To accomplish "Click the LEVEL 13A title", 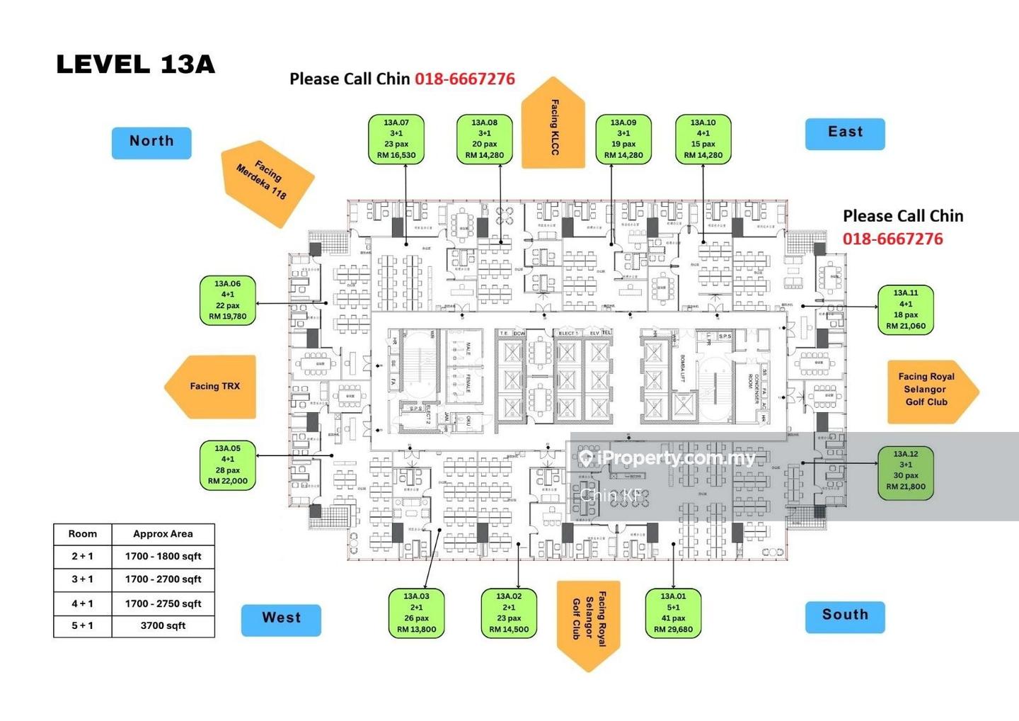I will (x=135, y=64).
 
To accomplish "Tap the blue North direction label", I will (x=151, y=142).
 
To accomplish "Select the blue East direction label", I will (x=845, y=133).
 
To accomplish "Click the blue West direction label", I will (x=281, y=619).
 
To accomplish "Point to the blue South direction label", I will (x=845, y=615).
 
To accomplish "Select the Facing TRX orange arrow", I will (x=212, y=387).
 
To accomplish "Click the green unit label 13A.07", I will (x=396, y=140).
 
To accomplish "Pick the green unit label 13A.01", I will (x=673, y=613).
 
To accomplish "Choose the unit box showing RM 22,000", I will (x=228, y=465).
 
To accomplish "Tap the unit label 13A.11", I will (x=905, y=310).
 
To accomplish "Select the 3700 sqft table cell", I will (x=163, y=626).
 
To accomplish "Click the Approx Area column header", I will (x=163, y=534).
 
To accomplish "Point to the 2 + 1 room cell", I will (x=82, y=557).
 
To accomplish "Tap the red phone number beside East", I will (x=892, y=239).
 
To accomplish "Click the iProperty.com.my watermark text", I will (x=676, y=459).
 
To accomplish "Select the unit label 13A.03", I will (x=416, y=613).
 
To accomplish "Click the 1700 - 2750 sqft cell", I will (x=163, y=603).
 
